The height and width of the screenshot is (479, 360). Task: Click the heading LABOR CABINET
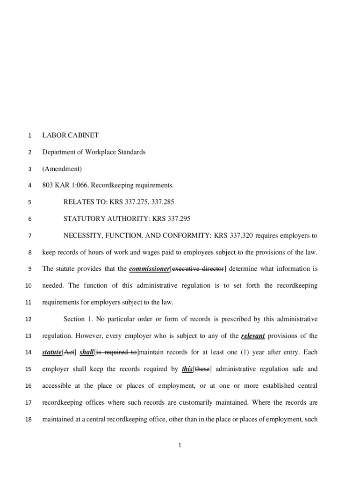tap(71, 135)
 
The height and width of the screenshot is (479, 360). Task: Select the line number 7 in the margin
tap(29, 236)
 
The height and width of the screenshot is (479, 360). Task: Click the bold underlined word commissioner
tap(149, 269)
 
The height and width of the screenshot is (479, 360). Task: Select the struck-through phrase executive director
tap(197, 269)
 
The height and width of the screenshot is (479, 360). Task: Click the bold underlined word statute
tap(51, 352)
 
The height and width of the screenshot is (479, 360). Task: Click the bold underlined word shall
tap(86, 352)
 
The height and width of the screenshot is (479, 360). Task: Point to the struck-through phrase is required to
tap(116, 352)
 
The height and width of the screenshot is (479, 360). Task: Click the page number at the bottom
tap(180, 445)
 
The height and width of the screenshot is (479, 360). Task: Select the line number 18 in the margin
tap(28, 420)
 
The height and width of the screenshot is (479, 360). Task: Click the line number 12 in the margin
tap(28, 319)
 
